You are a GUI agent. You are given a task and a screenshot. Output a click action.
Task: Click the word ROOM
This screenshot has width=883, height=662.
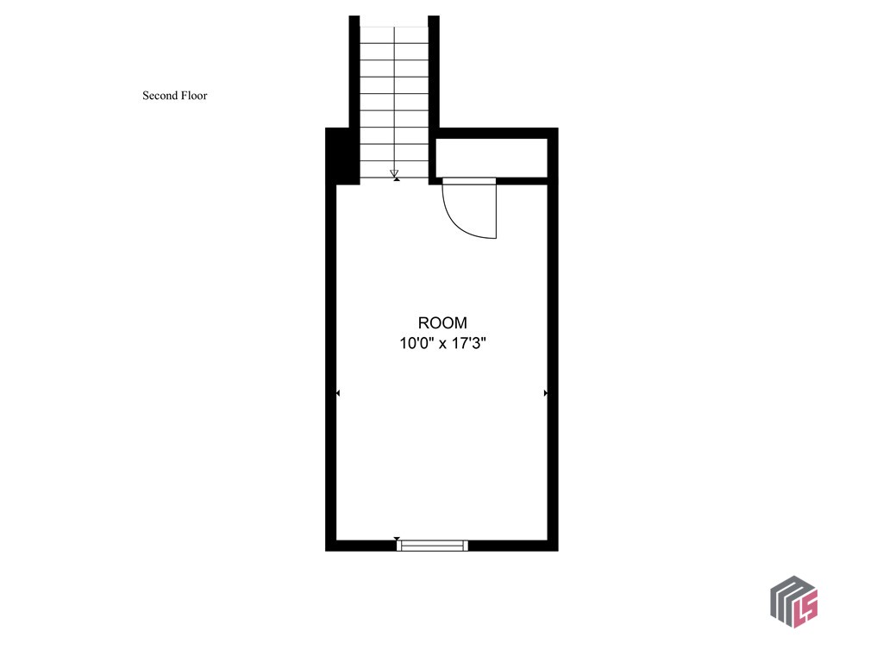(x=442, y=323)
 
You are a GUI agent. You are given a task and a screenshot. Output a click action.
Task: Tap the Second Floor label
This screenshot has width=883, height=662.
(x=174, y=96)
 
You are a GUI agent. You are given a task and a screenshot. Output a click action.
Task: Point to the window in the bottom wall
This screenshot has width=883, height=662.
(x=433, y=545)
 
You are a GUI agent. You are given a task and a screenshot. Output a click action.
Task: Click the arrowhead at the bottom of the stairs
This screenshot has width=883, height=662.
(x=394, y=172)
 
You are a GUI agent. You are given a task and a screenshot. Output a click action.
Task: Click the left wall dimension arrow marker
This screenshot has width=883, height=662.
(x=338, y=393)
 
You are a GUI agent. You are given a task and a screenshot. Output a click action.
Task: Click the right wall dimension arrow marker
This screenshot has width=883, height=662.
(x=546, y=393)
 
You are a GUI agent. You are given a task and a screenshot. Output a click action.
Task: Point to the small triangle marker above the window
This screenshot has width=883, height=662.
(x=398, y=539)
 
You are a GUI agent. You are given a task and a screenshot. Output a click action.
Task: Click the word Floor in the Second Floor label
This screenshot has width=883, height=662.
(x=194, y=96)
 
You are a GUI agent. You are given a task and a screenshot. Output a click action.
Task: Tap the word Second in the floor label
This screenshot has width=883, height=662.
(x=160, y=96)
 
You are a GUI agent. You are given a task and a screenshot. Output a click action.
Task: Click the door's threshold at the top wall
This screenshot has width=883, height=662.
(x=469, y=180)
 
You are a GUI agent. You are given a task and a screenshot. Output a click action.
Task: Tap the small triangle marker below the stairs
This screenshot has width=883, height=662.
(x=396, y=178)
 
